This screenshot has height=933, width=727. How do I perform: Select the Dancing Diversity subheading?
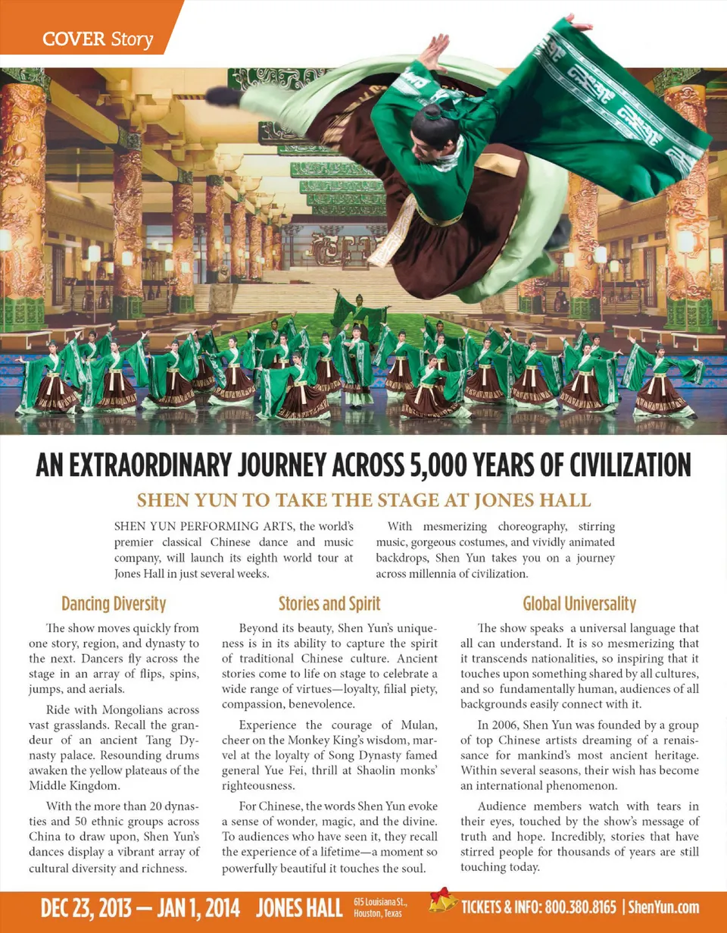pos(114,604)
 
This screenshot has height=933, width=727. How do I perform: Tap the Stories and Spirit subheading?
pos(329,604)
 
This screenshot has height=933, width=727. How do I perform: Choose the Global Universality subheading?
pos(579,604)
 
